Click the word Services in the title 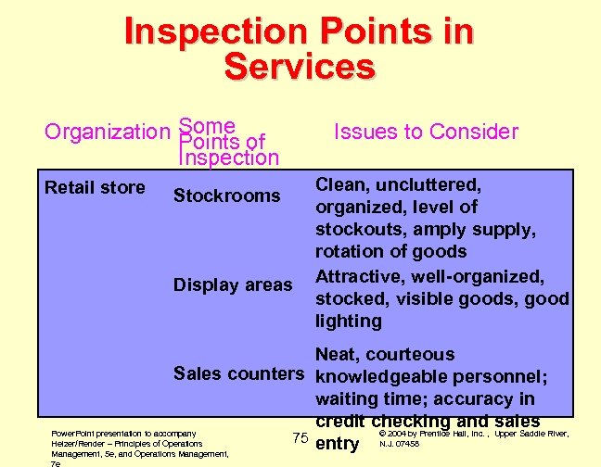point(300,67)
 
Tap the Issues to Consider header point(426,132)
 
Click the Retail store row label point(95,188)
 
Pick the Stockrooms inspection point point(226,196)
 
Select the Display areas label point(233,284)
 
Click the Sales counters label point(239,373)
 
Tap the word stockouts point(354,229)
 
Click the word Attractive point(359,276)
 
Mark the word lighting point(349,321)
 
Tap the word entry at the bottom point(338,444)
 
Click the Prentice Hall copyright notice point(475,438)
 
